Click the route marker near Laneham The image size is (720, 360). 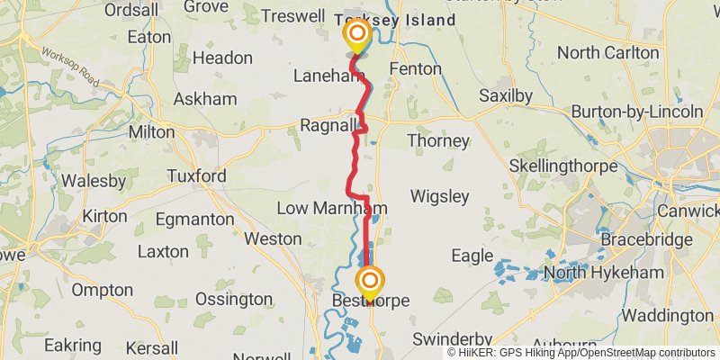(x=357, y=37)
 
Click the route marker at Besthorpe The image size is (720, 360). (x=370, y=280)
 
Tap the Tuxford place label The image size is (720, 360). (x=195, y=176)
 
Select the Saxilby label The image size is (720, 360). (x=506, y=95)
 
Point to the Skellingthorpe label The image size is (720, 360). (x=562, y=166)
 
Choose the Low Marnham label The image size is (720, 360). (x=331, y=209)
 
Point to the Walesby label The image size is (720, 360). (x=93, y=181)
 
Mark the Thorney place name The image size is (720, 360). (x=438, y=141)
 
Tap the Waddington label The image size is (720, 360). (x=668, y=315)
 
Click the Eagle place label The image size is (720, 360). (x=472, y=256)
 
